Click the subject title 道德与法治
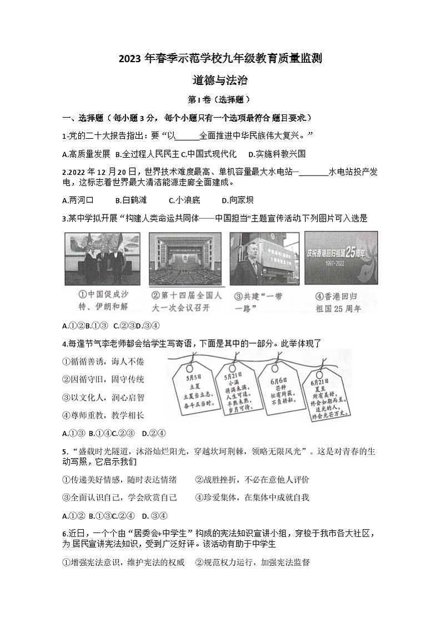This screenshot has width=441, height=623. [220, 80]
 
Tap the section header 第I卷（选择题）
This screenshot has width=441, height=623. [220, 100]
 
